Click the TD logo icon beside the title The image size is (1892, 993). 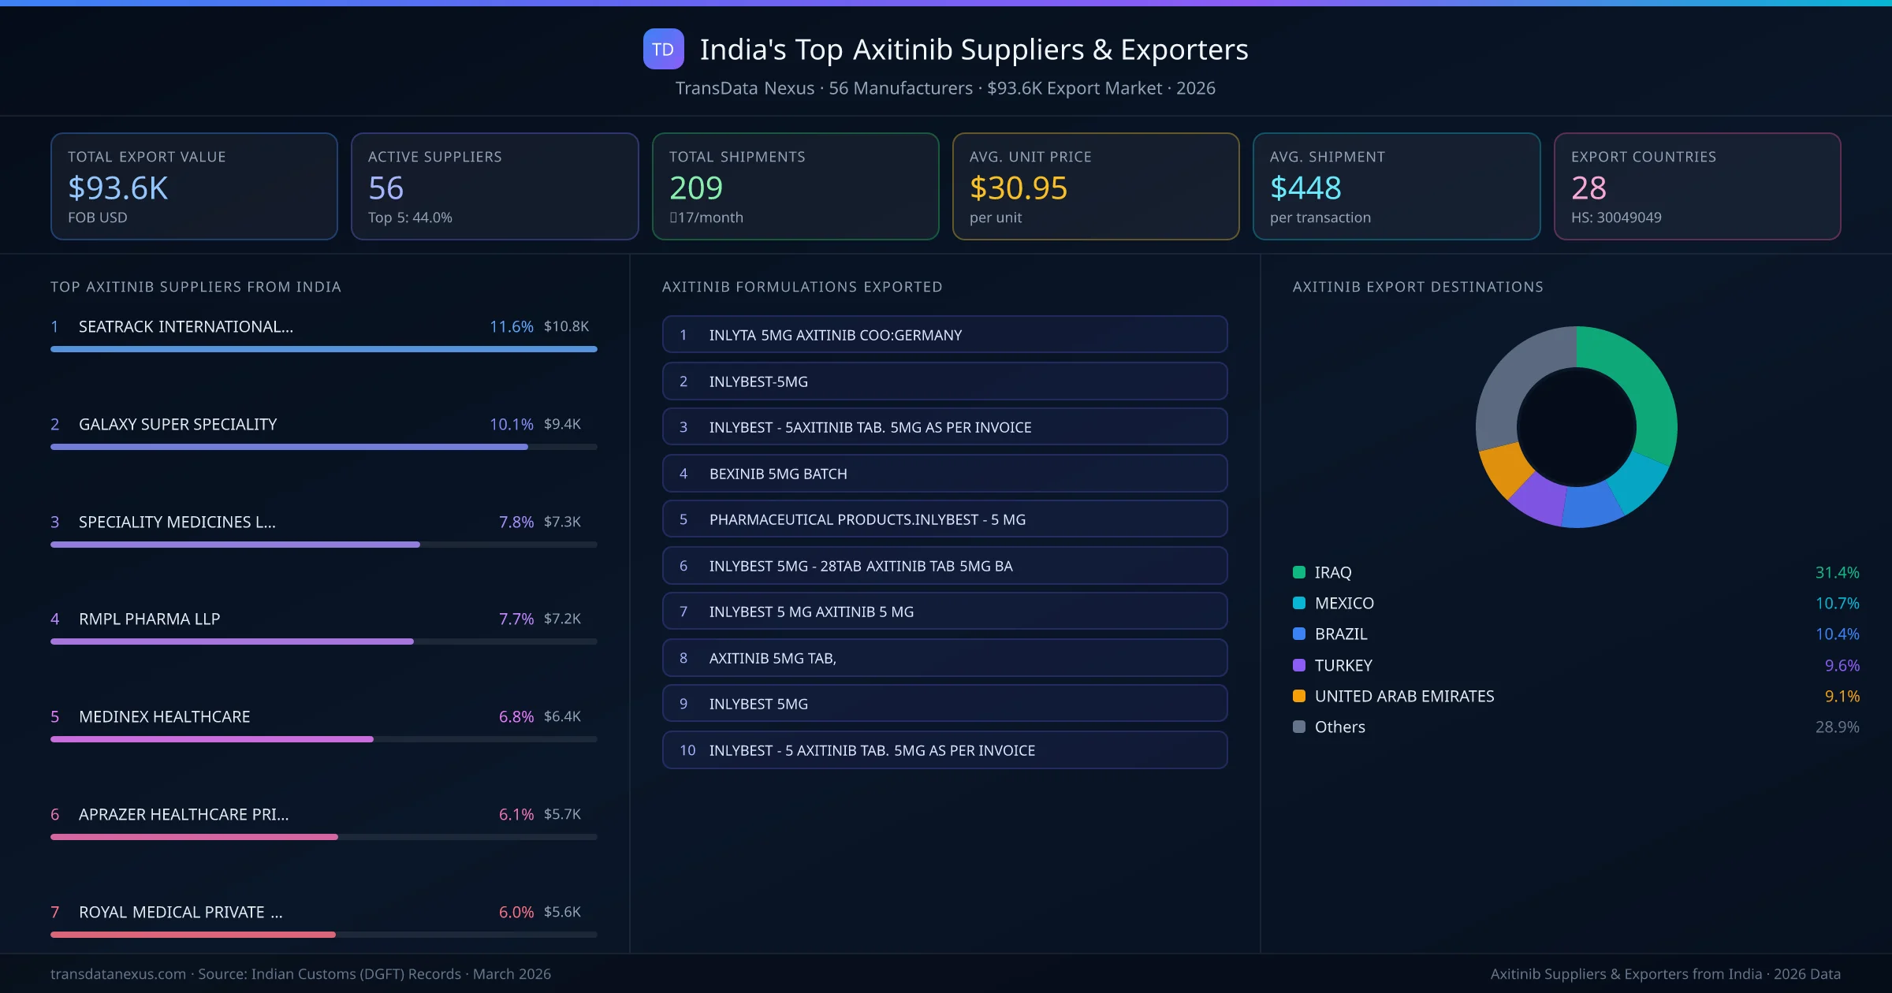663,50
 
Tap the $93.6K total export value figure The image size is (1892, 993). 118,188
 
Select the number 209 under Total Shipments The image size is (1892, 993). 695,188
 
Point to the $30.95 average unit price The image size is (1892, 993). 1018,188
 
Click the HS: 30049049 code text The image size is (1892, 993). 1615,218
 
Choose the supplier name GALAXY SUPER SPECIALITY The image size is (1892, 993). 177,424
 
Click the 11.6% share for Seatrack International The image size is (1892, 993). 511,326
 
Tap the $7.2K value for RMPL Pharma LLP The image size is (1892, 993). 562,619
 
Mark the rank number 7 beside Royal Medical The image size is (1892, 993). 55,912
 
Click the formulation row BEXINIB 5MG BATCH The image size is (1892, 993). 944,474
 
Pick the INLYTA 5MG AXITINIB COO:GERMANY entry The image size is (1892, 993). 944,335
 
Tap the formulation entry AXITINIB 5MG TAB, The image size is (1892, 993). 944,658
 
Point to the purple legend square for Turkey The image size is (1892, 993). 1299,665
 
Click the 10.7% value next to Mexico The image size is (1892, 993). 1837,603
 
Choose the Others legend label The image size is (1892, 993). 1339,727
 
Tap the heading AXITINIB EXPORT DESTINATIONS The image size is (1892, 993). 1417,287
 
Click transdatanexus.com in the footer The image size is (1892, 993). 118,974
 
